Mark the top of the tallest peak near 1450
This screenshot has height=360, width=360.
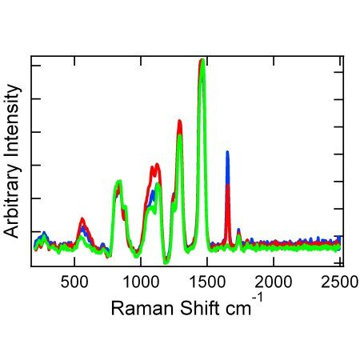click(202, 60)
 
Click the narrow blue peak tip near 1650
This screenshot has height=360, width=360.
click(227, 152)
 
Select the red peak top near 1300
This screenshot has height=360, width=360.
click(179, 122)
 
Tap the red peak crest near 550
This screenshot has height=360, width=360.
click(82, 218)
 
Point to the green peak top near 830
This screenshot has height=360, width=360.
click(118, 182)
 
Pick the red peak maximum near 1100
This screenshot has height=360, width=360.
click(157, 165)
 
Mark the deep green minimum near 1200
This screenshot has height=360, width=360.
click(166, 261)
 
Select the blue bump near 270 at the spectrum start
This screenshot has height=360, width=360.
click(43, 234)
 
